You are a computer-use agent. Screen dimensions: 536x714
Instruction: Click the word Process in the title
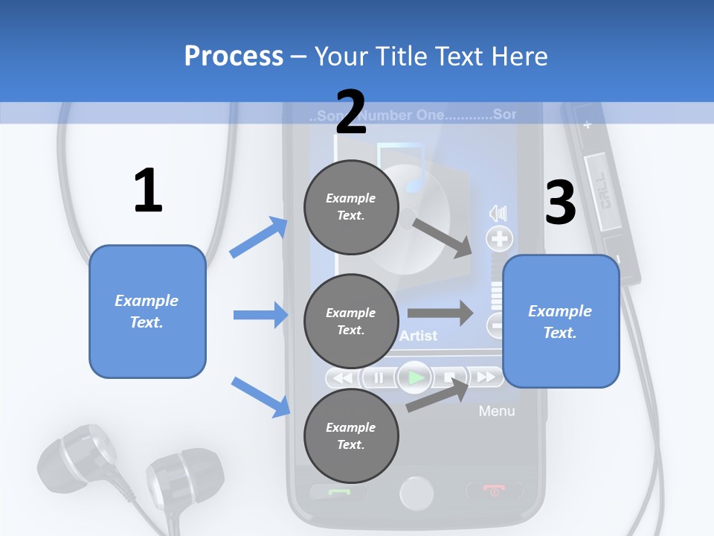point(234,57)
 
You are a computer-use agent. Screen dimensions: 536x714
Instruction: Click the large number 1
point(148,191)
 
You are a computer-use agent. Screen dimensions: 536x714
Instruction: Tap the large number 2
point(351,112)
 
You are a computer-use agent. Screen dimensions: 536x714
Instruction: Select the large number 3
point(561,202)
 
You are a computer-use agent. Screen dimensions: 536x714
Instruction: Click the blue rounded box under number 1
point(147,311)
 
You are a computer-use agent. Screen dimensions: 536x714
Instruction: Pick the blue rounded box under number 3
point(561,322)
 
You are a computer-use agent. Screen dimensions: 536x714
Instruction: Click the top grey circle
point(351,207)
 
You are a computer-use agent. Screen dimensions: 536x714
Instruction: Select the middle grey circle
point(351,322)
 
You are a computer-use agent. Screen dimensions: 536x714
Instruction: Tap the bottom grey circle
point(351,436)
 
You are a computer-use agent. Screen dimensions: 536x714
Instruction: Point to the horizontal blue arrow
point(260,315)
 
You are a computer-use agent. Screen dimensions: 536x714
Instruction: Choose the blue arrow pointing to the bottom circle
point(260,397)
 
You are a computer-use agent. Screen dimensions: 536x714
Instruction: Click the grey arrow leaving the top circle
point(443,237)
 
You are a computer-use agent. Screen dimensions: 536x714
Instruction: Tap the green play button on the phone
point(415,378)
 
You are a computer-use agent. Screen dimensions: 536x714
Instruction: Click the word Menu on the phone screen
point(496,411)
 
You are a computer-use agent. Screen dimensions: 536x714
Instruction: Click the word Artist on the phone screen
point(418,336)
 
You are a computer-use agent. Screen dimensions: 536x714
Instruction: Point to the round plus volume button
point(499,239)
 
